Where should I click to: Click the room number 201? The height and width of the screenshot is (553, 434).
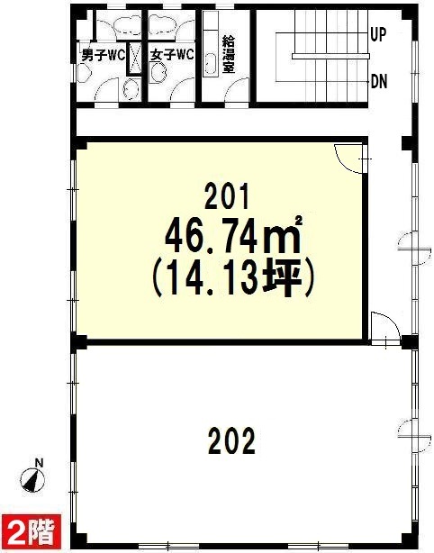pyautogui.click(x=227, y=196)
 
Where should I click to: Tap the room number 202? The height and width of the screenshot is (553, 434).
pyautogui.click(x=231, y=440)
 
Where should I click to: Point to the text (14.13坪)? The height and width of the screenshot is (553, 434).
pyautogui.click(x=232, y=278)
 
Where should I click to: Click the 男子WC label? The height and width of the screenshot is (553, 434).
pyautogui.click(x=104, y=55)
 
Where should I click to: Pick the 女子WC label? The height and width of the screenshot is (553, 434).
pyautogui.click(x=172, y=55)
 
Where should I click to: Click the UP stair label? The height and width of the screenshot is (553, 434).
pyautogui.click(x=379, y=34)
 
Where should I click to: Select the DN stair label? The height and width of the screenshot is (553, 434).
pyautogui.click(x=379, y=82)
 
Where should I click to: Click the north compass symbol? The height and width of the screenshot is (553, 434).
pyautogui.click(x=32, y=480)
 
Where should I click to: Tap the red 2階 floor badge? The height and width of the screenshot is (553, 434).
pyautogui.click(x=32, y=533)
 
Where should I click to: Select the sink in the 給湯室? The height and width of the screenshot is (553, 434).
pyautogui.click(x=210, y=65)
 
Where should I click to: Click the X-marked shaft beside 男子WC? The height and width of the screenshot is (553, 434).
pyautogui.click(x=134, y=59)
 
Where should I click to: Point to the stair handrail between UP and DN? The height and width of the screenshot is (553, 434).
pyautogui.click(x=330, y=56)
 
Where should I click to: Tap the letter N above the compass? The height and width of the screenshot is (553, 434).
pyautogui.click(x=40, y=463)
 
